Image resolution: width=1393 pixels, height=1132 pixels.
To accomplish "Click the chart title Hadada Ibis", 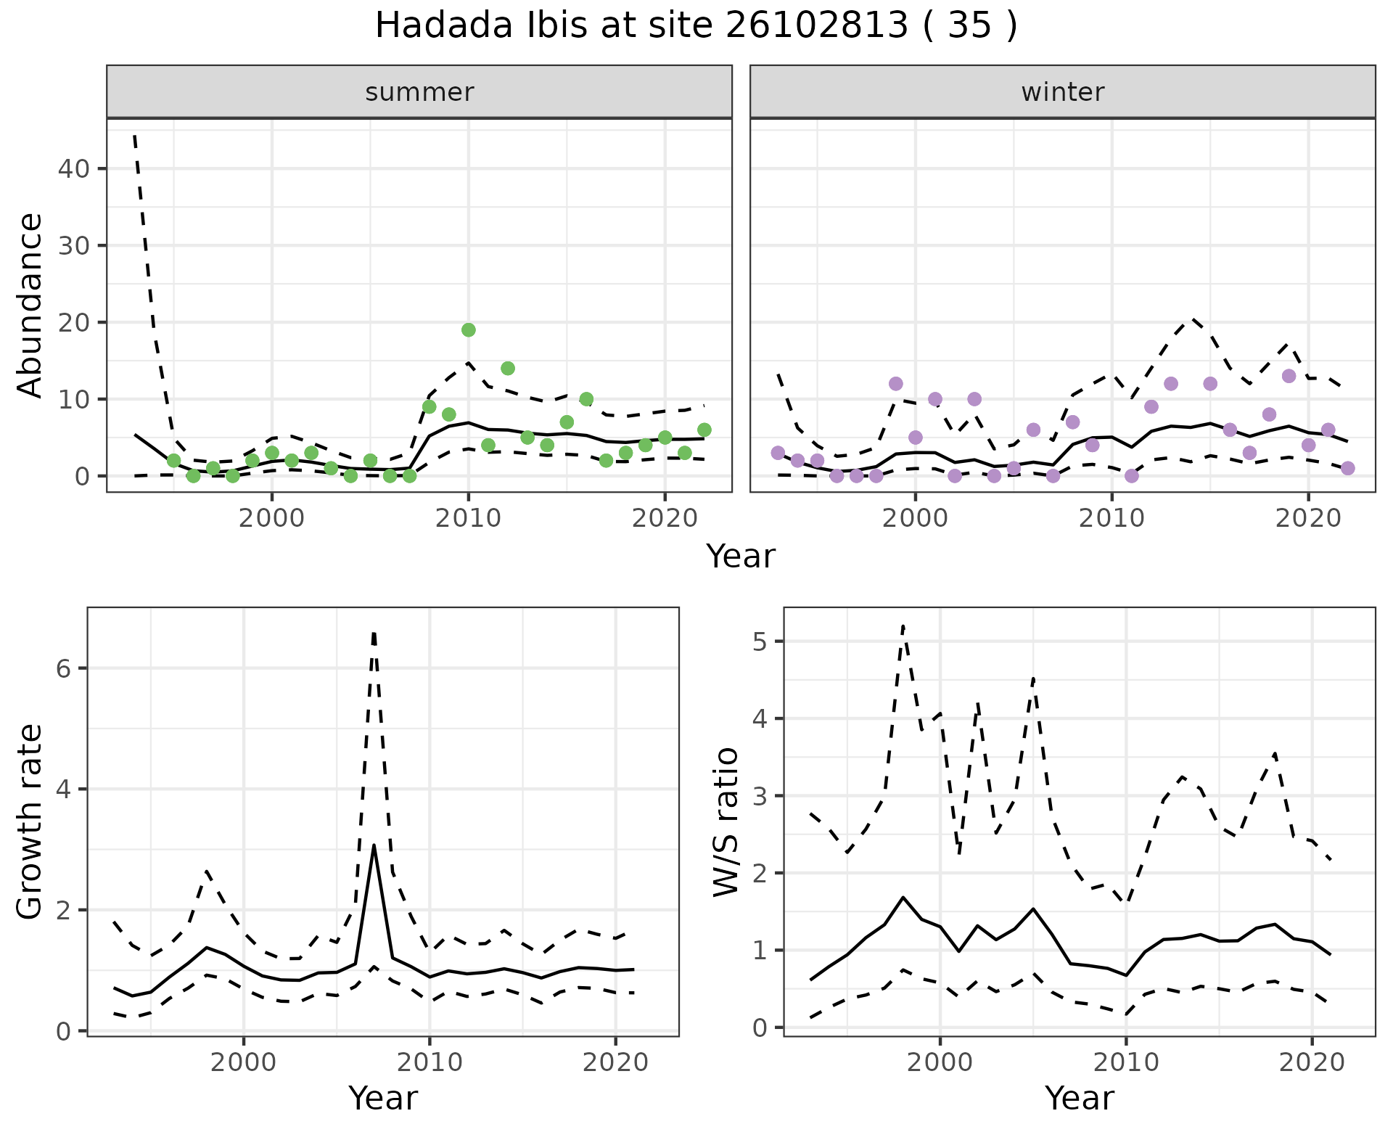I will [696, 26].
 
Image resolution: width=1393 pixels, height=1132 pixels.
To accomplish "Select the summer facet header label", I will [419, 92].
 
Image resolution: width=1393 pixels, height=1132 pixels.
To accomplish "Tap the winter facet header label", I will [1062, 92].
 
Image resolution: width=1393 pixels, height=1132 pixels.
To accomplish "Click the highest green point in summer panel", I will [469, 330].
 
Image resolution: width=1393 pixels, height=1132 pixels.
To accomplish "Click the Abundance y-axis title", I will [30, 305].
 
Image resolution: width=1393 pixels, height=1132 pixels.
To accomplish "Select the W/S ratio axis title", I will [726, 821].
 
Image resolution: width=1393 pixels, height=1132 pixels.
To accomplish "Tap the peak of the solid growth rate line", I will [374, 845].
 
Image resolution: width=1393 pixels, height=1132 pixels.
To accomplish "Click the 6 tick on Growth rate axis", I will [64, 668].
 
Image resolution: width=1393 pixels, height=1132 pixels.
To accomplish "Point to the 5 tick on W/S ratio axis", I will [760, 641].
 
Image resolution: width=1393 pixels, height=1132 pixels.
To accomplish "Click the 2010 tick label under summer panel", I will [468, 518].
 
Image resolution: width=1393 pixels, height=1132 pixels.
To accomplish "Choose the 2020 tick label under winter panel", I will [1307, 518].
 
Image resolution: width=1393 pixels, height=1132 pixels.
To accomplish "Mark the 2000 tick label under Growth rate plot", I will [244, 1062].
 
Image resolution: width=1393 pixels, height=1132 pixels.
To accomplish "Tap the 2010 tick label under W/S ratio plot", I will [1125, 1062].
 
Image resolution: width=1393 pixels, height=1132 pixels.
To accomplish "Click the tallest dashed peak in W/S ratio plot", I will [903, 626].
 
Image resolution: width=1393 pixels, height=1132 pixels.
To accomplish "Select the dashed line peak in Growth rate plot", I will [374, 633].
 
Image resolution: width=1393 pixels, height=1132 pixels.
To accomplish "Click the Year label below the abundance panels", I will [741, 557].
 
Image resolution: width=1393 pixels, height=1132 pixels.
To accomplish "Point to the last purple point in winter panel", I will [1347, 468].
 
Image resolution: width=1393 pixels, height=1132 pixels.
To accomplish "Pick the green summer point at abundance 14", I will [508, 369].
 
